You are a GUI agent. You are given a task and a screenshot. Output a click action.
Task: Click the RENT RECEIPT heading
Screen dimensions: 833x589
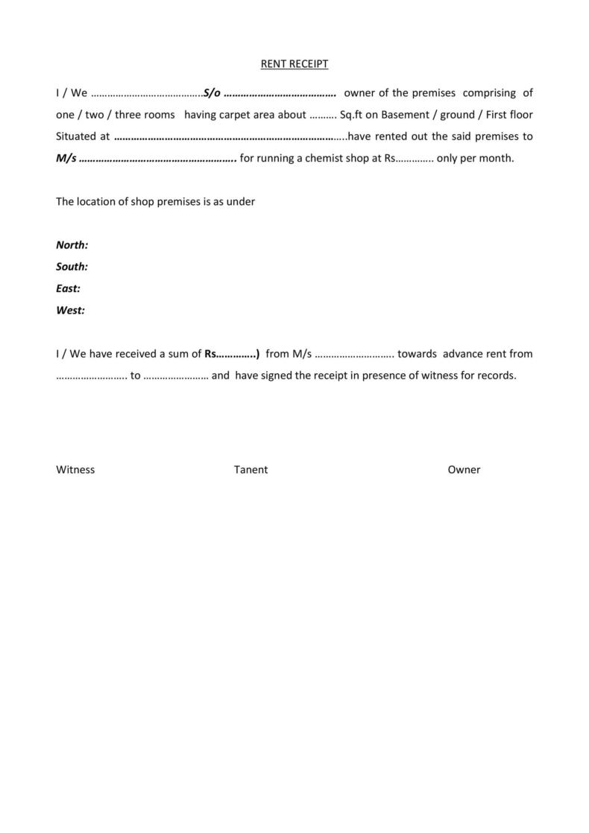(x=294, y=64)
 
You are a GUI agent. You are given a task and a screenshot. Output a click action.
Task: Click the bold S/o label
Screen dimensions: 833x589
(x=212, y=93)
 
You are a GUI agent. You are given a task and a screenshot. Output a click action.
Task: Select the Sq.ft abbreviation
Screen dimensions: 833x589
(x=349, y=115)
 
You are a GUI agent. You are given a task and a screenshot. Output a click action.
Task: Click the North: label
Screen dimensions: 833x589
(x=72, y=244)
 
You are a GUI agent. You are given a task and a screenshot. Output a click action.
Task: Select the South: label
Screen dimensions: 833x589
(x=72, y=266)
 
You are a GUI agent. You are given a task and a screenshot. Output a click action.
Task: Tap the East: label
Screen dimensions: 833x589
(x=69, y=288)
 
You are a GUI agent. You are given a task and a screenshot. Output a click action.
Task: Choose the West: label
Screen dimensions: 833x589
(x=71, y=310)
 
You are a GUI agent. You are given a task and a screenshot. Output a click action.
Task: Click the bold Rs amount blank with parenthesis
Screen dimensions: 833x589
(x=232, y=353)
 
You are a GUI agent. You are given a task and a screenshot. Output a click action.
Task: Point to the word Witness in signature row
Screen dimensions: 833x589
(x=75, y=469)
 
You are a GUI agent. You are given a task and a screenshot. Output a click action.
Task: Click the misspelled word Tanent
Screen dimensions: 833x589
(x=251, y=469)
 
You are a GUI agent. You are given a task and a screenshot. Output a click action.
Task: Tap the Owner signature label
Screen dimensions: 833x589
(x=464, y=469)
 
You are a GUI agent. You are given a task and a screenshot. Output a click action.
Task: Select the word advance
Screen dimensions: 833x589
(x=463, y=353)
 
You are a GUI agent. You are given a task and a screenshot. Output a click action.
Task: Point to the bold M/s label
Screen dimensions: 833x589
(x=66, y=158)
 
